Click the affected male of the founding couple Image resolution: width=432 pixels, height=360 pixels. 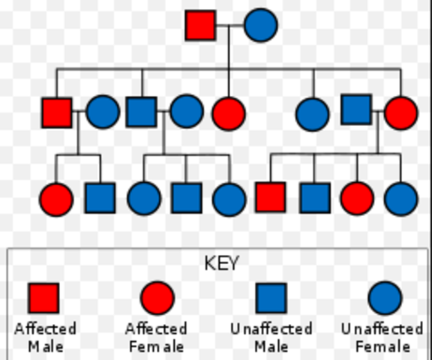[200, 25]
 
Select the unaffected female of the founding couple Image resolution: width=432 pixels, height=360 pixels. [260, 25]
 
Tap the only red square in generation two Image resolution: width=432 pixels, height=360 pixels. [57, 112]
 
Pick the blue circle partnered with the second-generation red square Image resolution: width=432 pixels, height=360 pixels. [103, 112]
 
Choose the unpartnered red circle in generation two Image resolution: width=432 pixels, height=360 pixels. [229, 113]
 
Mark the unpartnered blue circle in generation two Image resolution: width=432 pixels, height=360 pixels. [313, 114]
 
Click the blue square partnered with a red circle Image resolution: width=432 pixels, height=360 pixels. [356, 109]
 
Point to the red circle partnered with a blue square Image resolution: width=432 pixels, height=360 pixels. [400, 113]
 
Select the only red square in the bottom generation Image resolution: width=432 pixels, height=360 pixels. [270, 197]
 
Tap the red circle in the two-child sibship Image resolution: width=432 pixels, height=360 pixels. [56, 199]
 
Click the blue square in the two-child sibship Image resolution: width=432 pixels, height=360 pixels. [100, 198]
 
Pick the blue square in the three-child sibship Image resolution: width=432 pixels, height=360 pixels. [186, 198]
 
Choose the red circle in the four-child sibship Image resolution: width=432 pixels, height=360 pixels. [357, 199]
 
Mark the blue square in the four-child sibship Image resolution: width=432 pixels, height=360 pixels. [314, 198]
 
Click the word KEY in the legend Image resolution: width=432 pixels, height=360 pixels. [221, 263]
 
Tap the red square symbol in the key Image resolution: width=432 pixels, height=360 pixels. [43, 298]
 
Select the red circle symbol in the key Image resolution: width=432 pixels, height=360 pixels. [157, 298]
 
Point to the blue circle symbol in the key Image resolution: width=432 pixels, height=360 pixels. [385, 298]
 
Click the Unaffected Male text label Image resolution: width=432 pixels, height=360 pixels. [271, 337]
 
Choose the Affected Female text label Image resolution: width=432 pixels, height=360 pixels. [156, 337]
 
